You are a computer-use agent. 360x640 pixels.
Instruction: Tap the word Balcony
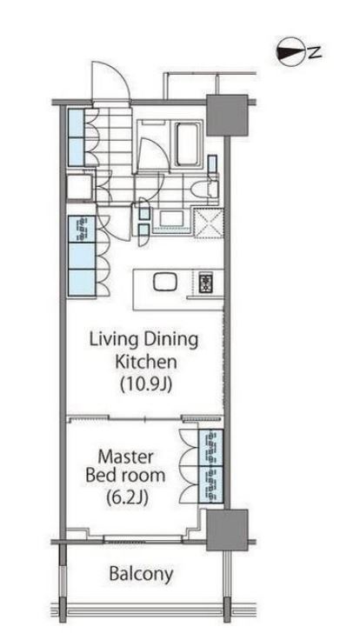[x=141, y=574]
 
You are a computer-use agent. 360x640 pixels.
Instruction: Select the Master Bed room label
[x=125, y=467]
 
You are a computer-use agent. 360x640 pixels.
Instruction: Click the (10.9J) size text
[x=145, y=383]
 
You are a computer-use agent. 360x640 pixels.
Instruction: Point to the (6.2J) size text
[x=127, y=497]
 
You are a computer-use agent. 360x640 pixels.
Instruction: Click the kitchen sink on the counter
[x=165, y=282]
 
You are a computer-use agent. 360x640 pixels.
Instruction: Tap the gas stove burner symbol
[x=204, y=283]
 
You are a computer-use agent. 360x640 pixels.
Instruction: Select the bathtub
[x=188, y=143]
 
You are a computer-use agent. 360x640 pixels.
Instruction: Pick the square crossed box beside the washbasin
[x=208, y=223]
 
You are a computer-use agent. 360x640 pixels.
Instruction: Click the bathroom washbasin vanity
[x=171, y=220]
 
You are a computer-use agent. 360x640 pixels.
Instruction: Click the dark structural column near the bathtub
[x=227, y=115]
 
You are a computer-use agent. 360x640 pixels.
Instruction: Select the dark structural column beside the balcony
[x=227, y=530]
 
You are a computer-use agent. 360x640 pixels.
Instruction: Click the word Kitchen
[x=146, y=362]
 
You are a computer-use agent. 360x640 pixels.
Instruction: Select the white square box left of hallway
[x=80, y=187]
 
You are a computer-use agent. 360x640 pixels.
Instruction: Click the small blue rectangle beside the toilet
[x=212, y=164]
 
